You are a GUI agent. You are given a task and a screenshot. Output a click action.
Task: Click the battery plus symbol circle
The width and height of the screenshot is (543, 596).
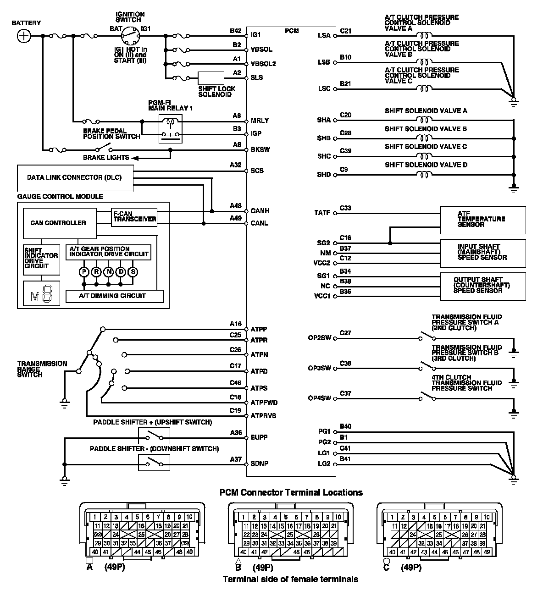coord(24,36)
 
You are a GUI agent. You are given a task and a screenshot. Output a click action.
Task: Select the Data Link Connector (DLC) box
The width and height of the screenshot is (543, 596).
coord(75,178)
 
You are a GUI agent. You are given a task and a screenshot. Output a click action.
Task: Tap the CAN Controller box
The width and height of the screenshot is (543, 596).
coord(59,223)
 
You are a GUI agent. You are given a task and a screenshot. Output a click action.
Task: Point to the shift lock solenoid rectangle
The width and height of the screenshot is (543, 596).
coord(211,78)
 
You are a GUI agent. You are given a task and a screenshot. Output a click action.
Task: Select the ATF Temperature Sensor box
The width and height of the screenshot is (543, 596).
coord(482,220)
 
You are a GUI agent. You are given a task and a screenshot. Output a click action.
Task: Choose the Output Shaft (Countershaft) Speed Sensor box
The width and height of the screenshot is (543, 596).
coord(482,285)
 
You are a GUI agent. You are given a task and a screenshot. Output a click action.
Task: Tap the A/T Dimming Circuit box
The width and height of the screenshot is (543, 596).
coord(115,296)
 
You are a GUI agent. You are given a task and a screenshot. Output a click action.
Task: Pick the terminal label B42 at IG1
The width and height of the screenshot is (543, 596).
coord(236,31)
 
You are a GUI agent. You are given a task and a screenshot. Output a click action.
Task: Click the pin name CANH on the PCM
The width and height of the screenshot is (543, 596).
coord(260,211)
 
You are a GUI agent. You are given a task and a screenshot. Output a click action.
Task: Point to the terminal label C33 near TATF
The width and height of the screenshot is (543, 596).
coord(345,208)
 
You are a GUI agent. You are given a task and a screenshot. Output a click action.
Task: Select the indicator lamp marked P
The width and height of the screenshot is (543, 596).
coord(84,272)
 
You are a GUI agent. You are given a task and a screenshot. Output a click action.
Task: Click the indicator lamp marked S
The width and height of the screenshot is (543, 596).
coord(133,272)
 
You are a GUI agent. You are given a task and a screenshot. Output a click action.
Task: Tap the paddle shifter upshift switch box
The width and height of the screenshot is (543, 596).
coord(154,436)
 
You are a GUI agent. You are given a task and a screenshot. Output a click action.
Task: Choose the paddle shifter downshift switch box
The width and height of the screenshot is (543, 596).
coord(154,463)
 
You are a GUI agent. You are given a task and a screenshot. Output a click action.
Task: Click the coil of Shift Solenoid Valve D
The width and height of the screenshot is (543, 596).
coord(424,175)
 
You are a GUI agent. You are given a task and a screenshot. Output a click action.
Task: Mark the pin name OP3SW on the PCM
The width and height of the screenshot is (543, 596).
coord(319,369)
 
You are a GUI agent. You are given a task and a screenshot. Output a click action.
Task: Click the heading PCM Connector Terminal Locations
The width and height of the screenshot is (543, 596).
coord(291,493)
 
